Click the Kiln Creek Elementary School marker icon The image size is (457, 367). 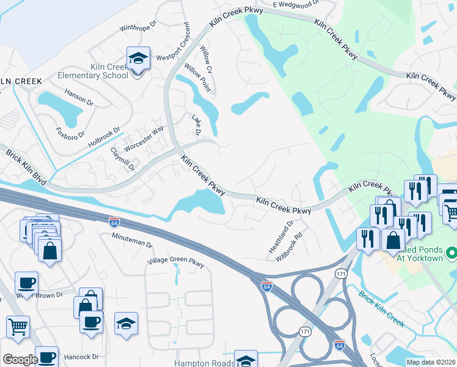(x=138, y=60)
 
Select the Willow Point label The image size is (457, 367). (x=198, y=77)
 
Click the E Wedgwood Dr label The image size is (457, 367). (x=296, y=5)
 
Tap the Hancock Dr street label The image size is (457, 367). (x=78, y=357)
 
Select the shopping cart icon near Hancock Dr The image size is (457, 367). (x=18, y=326)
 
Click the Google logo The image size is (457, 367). (x=20, y=359)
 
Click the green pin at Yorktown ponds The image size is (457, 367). (x=452, y=252)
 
